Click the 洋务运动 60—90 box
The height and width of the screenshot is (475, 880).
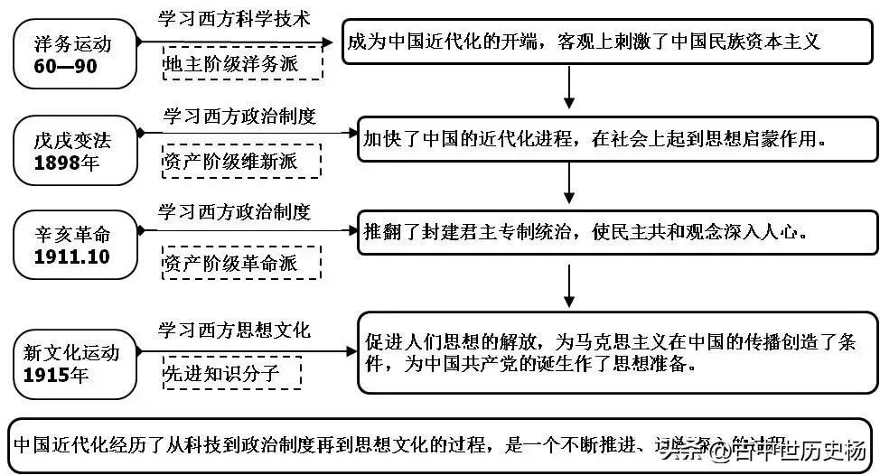pyautogui.click(x=74, y=55)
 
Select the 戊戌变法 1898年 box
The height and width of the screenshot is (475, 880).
pyautogui.click(x=74, y=151)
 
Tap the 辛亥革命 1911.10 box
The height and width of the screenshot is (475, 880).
pyautogui.click(x=74, y=246)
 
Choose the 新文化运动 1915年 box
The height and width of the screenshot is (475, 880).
pyautogui.click(x=74, y=362)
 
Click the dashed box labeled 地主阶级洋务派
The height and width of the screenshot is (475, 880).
pyautogui.click(x=241, y=65)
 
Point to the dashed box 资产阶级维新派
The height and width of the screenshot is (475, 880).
pyautogui.click(x=241, y=162)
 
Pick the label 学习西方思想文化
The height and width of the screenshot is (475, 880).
pyautogui.click(x=234, y=331)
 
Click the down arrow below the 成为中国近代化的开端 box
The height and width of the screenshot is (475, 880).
pyautogui.click(x=568, y=88)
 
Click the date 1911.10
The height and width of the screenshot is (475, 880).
pyautogui.click(x=71, y=256)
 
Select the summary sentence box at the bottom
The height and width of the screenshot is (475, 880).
pyautogui.click(x=440, y=445)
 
